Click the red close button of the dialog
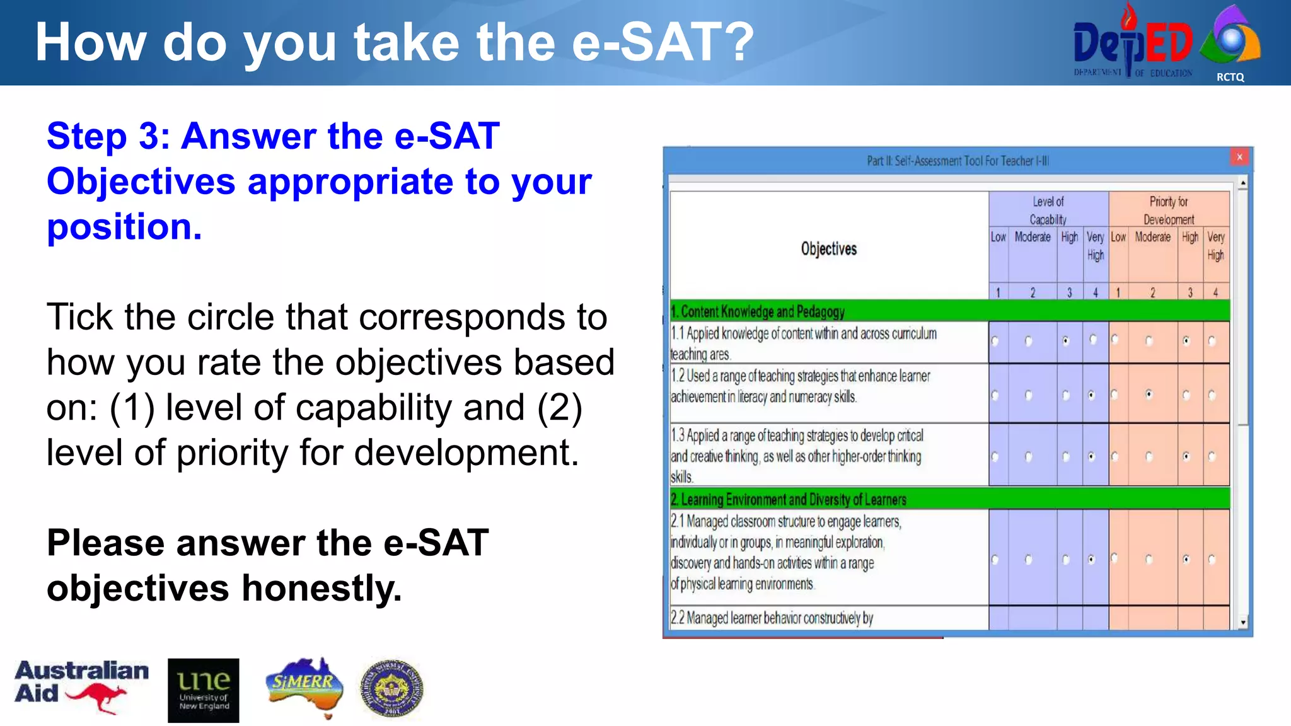click(x=1239, y=157)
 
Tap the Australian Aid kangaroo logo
click(x=82, y=687)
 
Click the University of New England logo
click(x=203, y=690)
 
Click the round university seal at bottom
click(x=391, y=689)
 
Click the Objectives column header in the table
click(x=828, y=249)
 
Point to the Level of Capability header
click(x=1048, y=210)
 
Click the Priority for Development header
click(x=1168, y=210)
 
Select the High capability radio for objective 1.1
click(x=1066, y=341)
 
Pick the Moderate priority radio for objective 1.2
click(x=1149, y=395)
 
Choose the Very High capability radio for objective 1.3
click(x=1092, y=456)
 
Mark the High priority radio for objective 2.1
click(x=1186, y=559)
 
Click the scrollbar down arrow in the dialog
click(x=1242, y=623)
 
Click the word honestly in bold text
click(x=321, y=589)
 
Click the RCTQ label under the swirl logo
click(x=1230, y=77)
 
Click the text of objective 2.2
click(x=772, y=618)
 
